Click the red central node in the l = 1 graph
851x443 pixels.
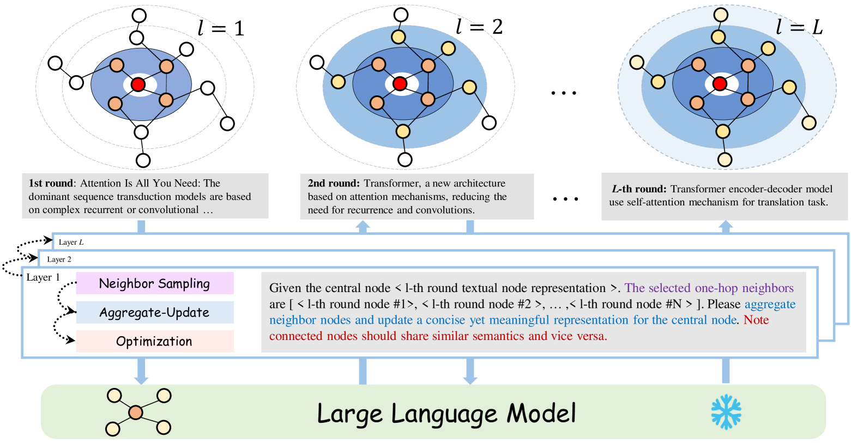point(138,84)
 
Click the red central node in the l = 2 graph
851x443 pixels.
point(400,83)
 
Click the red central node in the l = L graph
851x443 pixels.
point(720,83)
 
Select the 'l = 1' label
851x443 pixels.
point(221,28)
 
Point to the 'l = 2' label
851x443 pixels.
point(479,26)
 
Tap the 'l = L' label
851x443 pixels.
point(799,26)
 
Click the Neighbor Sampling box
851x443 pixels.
point(155,283)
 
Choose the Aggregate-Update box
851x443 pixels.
point(155,312)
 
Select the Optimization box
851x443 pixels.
point(155,341)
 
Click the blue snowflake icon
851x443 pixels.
point(726,412)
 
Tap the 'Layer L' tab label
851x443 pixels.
point(71,242)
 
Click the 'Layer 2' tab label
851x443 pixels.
point(59,259)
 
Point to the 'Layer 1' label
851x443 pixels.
point(43,277)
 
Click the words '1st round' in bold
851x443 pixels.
point(50,184)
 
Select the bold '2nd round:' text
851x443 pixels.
point(334,184)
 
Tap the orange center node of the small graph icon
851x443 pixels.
point(136,412)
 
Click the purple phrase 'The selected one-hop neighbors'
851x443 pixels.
point(709,288)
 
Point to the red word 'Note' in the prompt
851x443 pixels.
point(756,320)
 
